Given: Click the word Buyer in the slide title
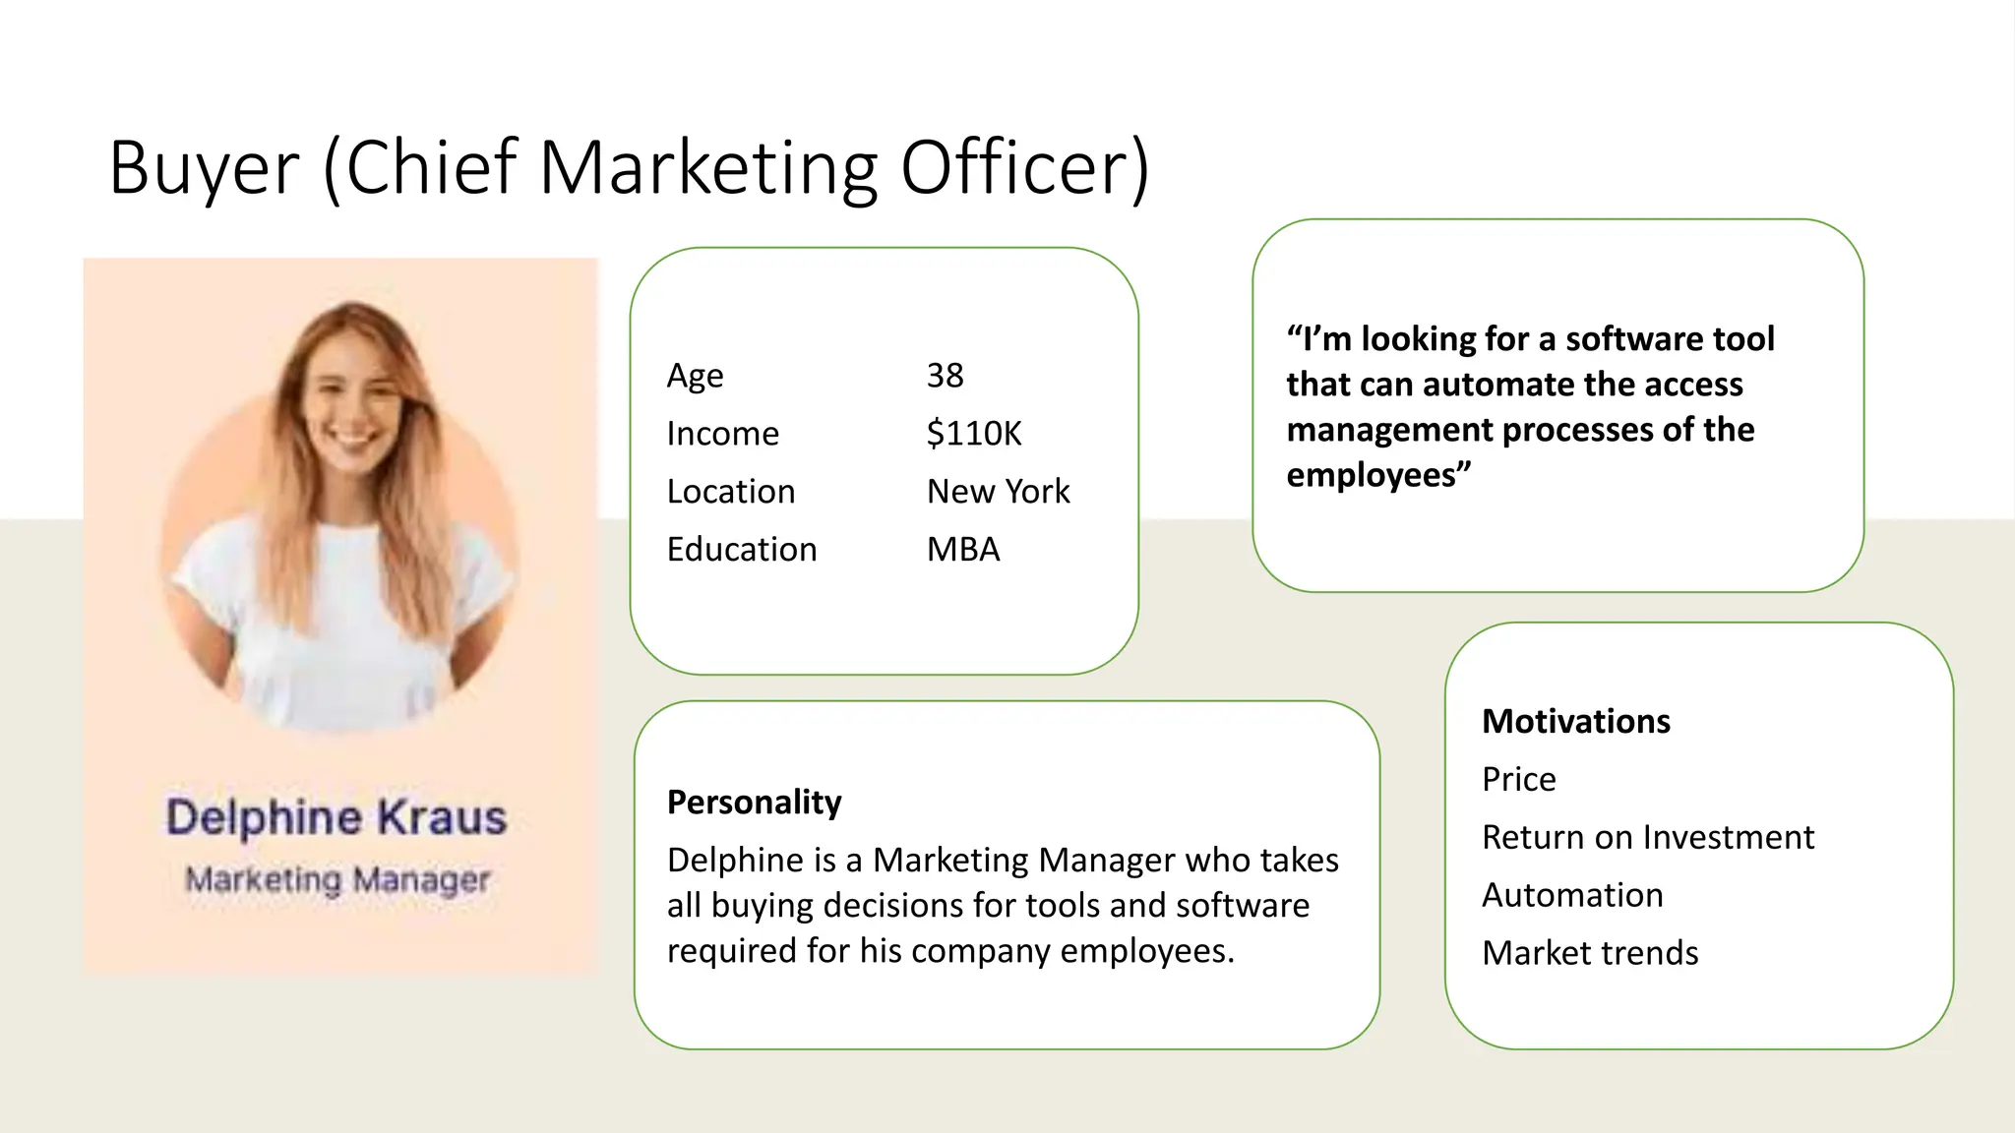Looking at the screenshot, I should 204,167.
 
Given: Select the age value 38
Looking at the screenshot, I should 945,376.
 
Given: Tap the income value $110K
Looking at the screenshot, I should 974,434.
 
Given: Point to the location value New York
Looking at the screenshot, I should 998,492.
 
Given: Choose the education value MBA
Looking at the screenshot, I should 963,550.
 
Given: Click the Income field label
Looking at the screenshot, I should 722,434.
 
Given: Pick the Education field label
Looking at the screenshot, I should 742,550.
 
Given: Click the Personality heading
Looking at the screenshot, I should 755,803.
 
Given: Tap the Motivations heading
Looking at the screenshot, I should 1576,722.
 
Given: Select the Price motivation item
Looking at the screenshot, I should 1519,780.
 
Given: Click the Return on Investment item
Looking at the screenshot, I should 1648,838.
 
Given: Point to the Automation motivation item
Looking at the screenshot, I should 1572,896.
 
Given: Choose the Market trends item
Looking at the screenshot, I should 1590,954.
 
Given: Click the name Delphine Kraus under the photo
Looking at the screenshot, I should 336,818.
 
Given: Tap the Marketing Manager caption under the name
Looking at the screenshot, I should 337,879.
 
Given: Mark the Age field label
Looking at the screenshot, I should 695,376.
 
